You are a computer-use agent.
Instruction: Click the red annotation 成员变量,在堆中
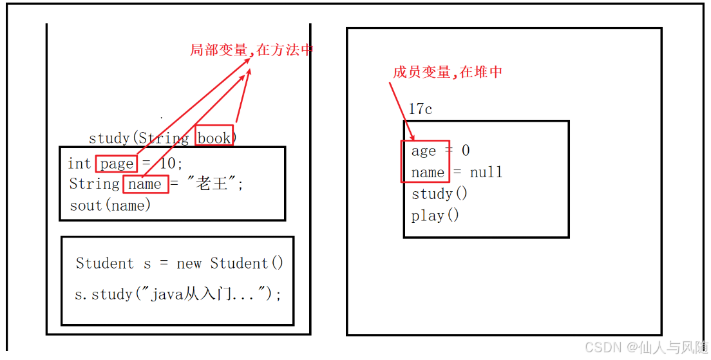point(447,72)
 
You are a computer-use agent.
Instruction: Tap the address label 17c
point(420,109)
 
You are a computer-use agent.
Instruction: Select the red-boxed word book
point(214,137)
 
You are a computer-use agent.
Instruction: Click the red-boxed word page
point(117,164)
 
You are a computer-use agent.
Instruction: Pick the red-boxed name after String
point(146,184)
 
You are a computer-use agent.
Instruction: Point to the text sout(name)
point(110,205)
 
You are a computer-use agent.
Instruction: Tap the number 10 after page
point(171,164)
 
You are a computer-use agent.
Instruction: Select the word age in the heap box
point(424,151)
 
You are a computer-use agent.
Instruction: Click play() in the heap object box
point(435,215)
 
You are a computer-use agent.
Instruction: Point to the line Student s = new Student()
point(179,263)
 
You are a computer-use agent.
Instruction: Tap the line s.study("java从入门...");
point(178,294)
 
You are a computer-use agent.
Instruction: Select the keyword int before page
point(79,164)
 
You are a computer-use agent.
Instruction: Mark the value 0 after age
point(466,151)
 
